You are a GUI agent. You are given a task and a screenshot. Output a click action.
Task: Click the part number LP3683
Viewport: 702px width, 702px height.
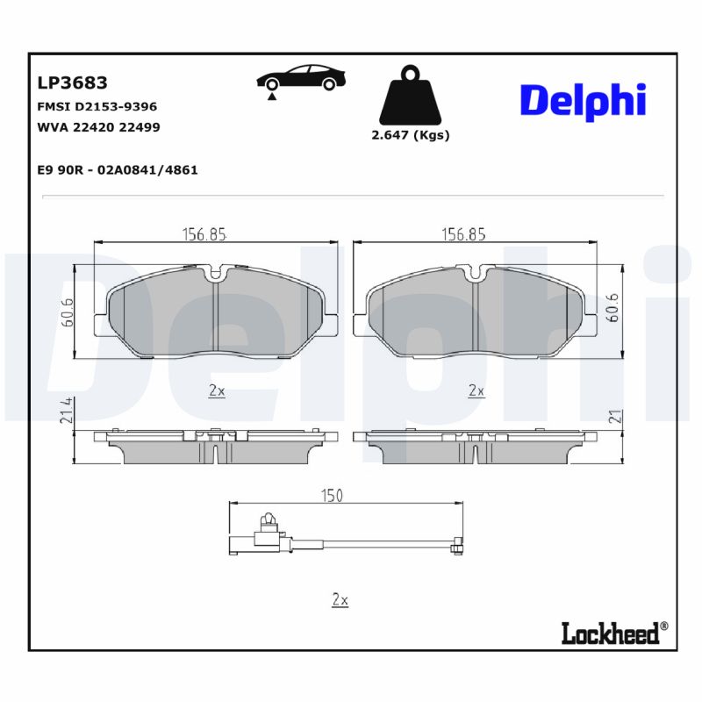(72, 83)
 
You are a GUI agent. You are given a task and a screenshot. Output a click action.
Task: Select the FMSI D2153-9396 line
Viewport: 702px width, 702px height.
(97, 106)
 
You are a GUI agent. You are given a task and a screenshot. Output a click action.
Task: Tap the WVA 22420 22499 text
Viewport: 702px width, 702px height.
(98, 127)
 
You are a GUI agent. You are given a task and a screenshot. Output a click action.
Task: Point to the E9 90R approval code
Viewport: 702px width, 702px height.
(117, 170)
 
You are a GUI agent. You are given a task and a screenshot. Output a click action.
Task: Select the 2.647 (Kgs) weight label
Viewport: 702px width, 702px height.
(410, 136)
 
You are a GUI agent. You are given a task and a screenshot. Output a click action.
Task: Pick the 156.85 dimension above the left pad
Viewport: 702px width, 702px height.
(204, 234)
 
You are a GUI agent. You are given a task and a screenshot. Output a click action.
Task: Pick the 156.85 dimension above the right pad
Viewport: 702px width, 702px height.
(463, 234)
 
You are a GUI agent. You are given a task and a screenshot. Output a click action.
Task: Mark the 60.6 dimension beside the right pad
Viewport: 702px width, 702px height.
(614, 307)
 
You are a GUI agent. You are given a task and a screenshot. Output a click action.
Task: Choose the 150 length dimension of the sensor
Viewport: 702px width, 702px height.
(331, 496)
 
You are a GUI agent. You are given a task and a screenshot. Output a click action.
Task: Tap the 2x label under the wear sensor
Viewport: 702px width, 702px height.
(340, 600)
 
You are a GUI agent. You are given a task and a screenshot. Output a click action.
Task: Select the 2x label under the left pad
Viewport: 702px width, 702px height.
(217, 391)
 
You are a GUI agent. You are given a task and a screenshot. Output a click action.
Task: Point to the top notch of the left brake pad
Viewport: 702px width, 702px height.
(216, 275)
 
